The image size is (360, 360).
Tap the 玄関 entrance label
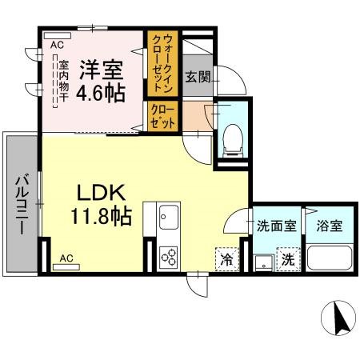(x=197, y=77)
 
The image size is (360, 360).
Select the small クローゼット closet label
(x=156, y=115)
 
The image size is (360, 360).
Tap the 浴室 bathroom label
(x=328, y=226)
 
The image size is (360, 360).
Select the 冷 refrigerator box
(x=226, y=258)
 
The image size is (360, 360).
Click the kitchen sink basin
(x=168, y=217)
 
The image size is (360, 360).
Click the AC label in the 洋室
(x=57, y=46)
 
